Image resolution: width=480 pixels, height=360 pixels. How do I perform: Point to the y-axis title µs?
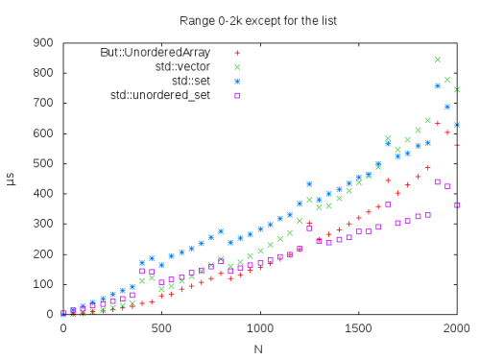pyautogui.click(x=11, y=179)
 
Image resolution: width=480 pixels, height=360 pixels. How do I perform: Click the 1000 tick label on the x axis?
pyautogui.click(x=260, y=328)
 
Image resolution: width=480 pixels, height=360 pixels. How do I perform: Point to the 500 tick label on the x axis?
pyautogui.click(x=161, y=328)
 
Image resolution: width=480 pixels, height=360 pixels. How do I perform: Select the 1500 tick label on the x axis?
pyautogui.click(x=358, y=328)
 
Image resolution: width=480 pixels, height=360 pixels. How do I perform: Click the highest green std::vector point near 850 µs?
pyautogui.click(x=438, y=60)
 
